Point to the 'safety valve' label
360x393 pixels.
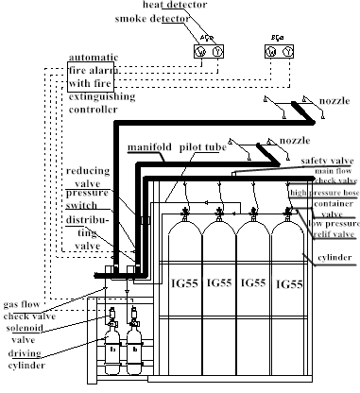327,162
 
